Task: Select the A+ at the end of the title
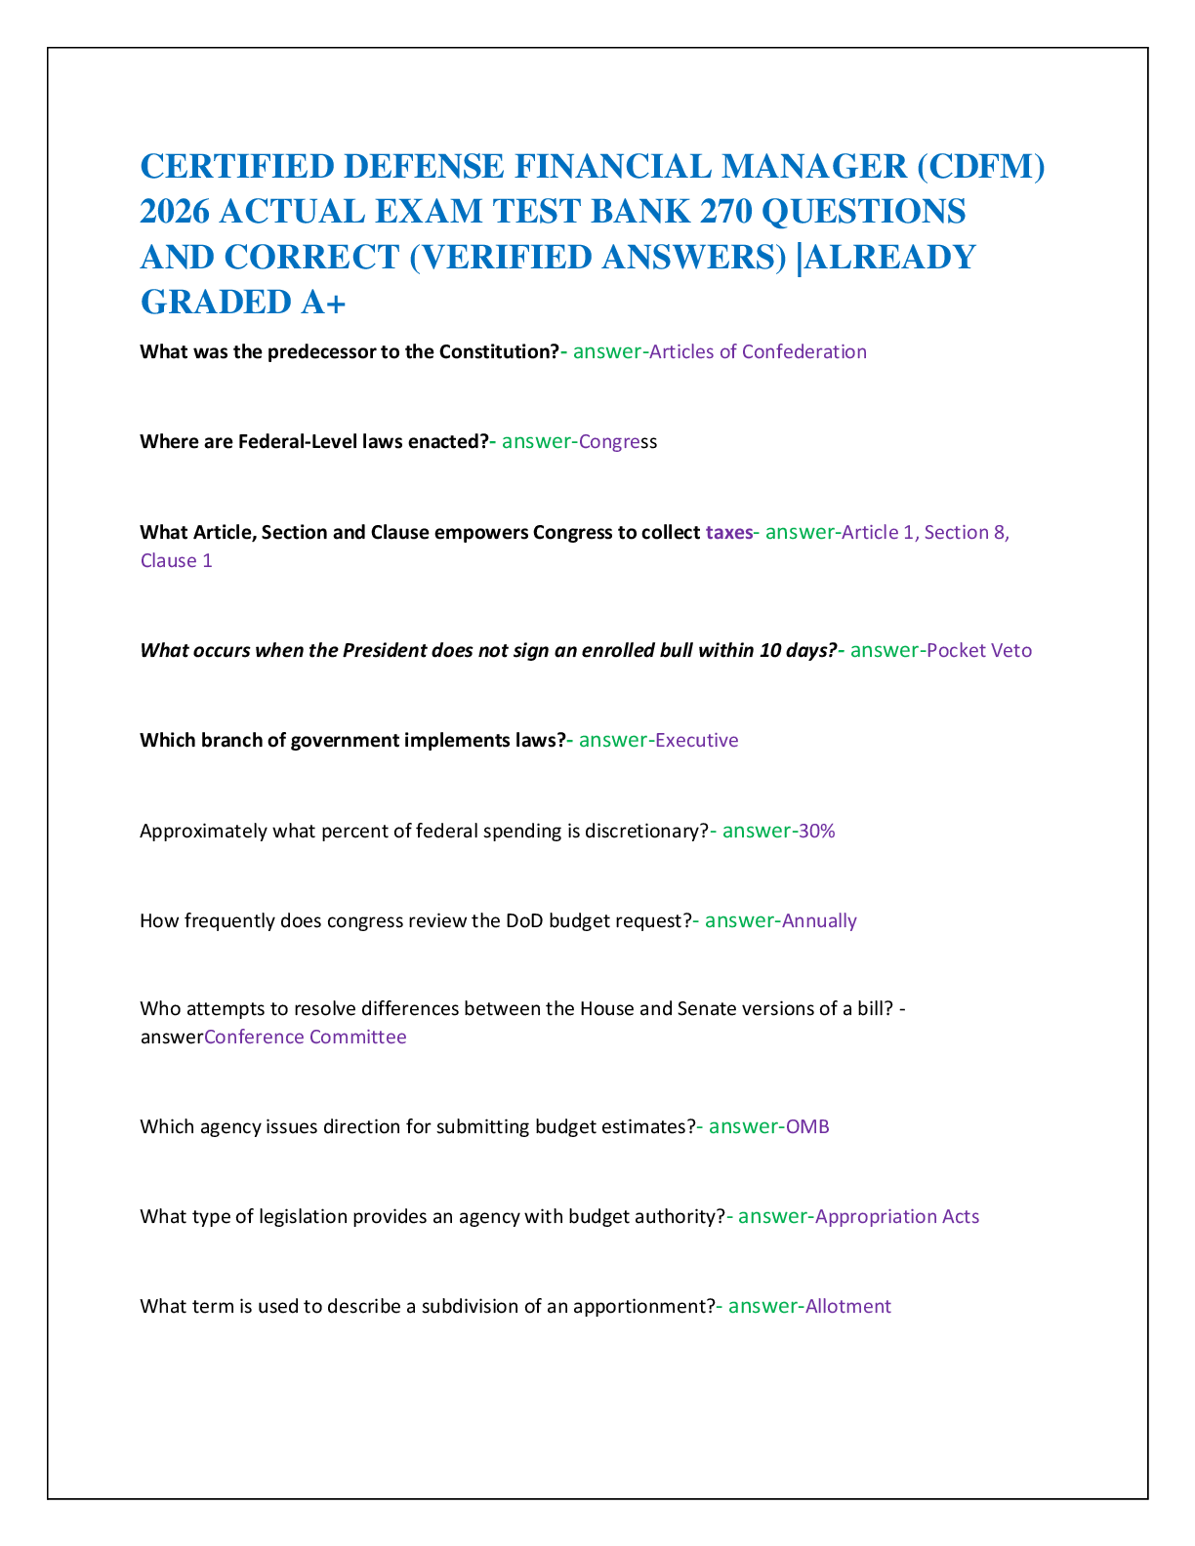[323, 303]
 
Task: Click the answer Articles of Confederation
[758, 351]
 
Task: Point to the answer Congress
[618, 442]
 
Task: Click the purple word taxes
[729, 532]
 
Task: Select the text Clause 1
[177, 560]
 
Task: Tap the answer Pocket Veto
[978, 650]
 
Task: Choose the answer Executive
[696, 740]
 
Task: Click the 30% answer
[816, 831]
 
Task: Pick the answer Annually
[819, 921]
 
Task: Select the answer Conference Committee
[306, 1037]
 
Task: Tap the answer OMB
[807, 1127]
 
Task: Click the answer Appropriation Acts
[897, 1217]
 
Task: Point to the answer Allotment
[847, 1306]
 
